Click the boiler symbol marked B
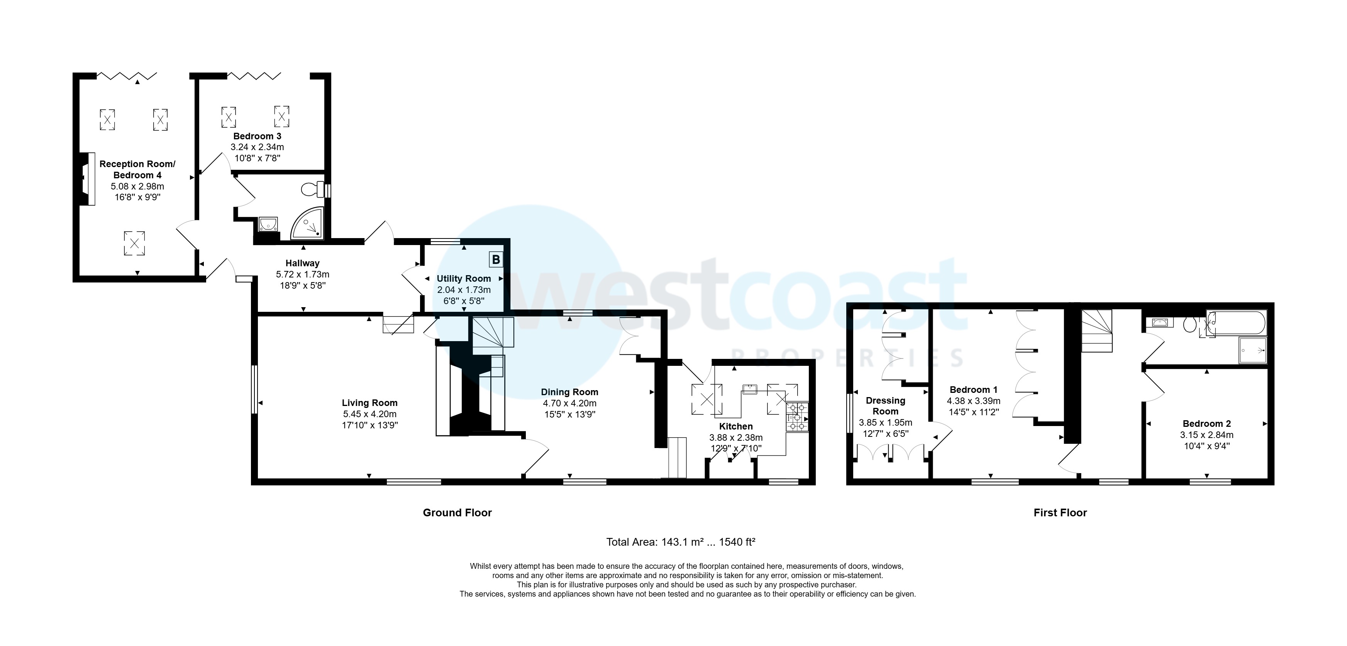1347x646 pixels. (495, 259)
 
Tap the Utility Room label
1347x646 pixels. (464, 279)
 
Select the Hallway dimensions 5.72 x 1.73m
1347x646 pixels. (302, 274)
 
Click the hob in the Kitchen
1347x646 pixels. (797, 417)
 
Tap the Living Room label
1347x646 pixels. (370, 403)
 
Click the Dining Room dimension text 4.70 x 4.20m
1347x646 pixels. (569, 404)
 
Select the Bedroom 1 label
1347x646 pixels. (973, 390)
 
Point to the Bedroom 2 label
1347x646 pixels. (1206, 424)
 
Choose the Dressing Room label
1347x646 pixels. (885, 406)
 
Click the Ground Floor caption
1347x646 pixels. (457, 513)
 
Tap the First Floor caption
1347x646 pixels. (1060, 513)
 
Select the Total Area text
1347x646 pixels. (680, 542)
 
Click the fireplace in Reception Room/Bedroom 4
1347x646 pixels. (87, 179)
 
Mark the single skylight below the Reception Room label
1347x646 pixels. (134, 243)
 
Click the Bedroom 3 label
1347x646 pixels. (257, 136)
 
